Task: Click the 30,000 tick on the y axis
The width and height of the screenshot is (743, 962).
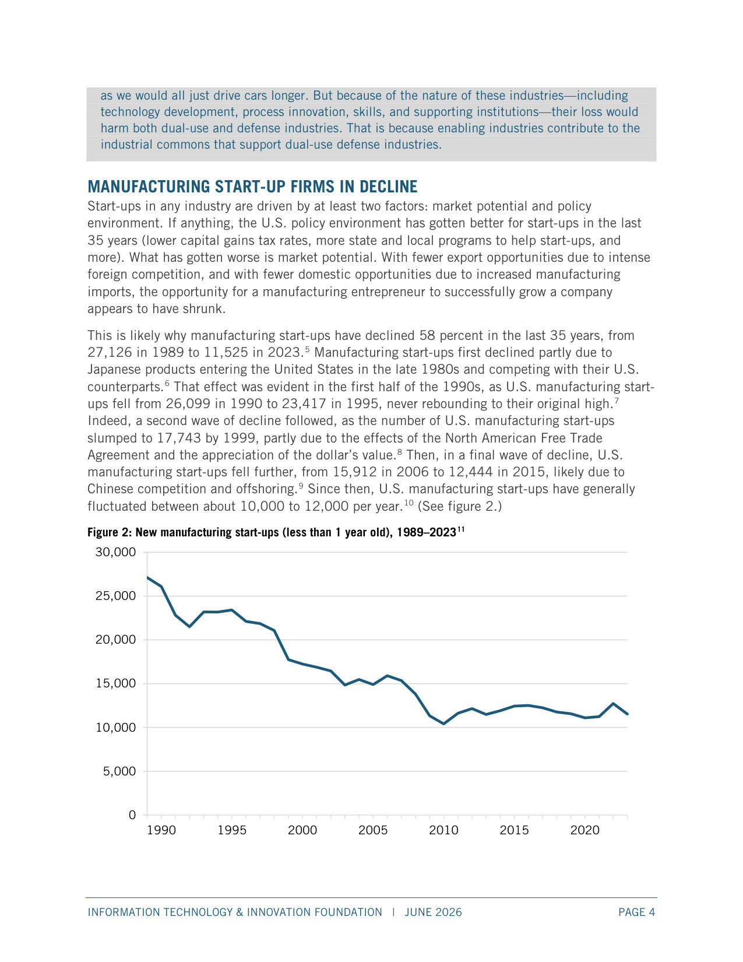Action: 115,552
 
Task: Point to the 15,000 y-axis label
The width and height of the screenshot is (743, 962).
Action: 115,683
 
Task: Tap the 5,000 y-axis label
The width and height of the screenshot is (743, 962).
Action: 119,771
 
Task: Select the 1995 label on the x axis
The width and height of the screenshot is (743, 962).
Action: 232,830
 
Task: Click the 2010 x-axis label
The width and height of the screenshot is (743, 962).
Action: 443,830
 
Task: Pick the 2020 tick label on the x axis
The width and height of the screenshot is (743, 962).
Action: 584,830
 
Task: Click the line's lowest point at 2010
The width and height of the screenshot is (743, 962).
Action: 443,724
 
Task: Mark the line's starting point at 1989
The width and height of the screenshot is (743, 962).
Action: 147,577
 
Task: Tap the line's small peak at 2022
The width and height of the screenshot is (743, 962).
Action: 613,704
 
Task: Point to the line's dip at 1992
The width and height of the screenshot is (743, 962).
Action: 189,626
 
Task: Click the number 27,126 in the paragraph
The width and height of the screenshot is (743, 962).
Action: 110,353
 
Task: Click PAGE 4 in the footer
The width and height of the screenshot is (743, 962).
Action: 636,912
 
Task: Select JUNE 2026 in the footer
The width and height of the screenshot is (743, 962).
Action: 433,912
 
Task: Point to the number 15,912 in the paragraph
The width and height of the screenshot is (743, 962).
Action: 355,472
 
